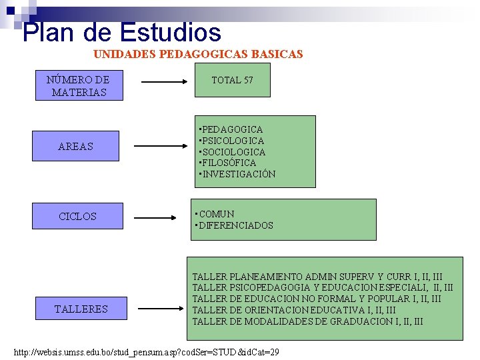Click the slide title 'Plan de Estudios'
coord(121,31)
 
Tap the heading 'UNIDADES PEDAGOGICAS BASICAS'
coord(198,54)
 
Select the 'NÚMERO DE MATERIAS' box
coord(79,86)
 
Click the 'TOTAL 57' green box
coord(232,81)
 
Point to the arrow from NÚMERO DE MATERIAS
coord(166,83)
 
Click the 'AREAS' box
coord(76,147)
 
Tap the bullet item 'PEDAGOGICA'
coord(232,129)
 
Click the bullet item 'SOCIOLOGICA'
coord(233,152)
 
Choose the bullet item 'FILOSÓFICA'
coord(229,163)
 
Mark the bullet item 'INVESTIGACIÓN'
coord(239,174)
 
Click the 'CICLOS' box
coord(77,217)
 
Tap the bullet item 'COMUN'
coord(216,214)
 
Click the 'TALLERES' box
coord(81,309)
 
